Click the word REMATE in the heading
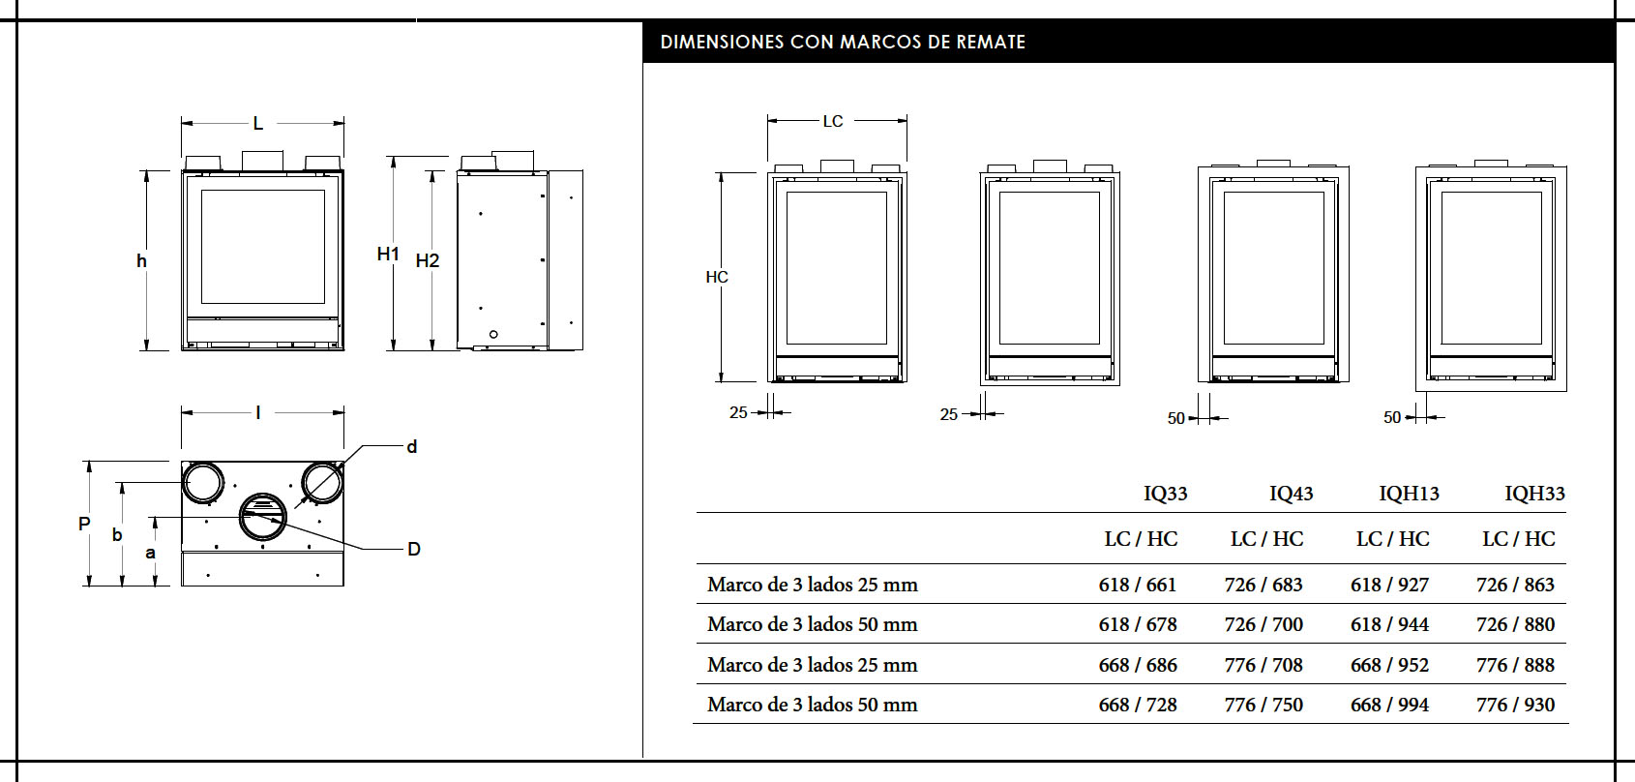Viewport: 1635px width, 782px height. point(991,43)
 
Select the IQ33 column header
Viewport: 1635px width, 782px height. point(1165,495)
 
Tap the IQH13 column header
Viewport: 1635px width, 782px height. point(1409,495)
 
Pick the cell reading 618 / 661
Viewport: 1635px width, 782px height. point(1137,585)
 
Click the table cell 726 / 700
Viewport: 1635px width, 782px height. point(1263,625)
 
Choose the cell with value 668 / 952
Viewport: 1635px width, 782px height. point(1389,665)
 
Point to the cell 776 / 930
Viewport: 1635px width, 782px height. point(1515,706)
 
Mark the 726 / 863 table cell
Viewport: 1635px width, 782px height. point(1515,585)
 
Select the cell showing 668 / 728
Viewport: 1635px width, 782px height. point(1137,706)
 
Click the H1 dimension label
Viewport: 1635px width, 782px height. point(388,255)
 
